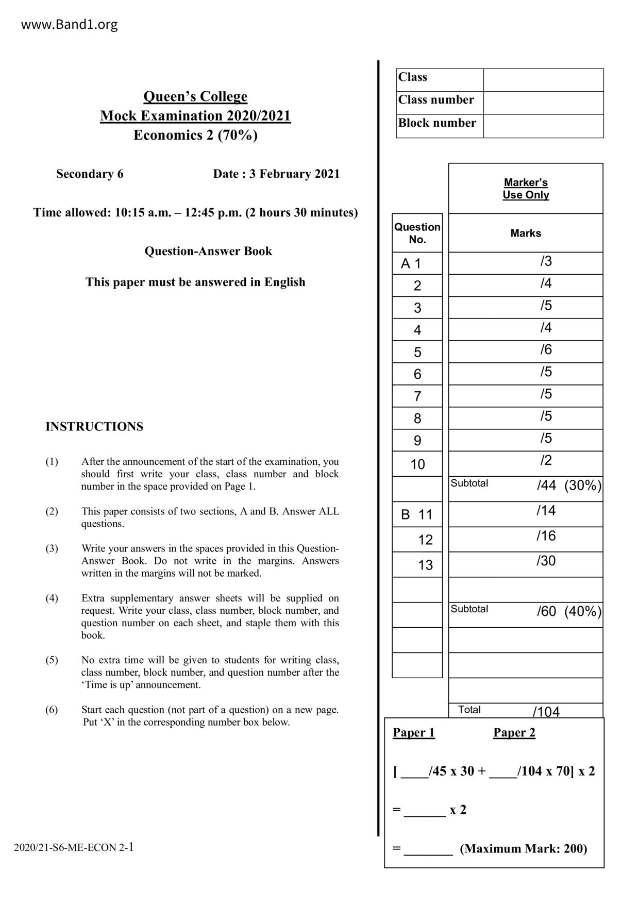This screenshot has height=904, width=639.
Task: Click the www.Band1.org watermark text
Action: tap(69, 25)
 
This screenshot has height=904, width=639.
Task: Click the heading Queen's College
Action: tap(195, 96)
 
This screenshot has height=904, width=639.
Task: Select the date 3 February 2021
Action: tap(294, 174)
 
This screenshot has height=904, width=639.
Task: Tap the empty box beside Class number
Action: tap(543, 103)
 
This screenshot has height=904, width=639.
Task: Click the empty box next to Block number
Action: tap(543, 126)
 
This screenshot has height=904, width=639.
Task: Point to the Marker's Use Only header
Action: tap(526, 189)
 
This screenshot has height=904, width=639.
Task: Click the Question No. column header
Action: tap(417, 233)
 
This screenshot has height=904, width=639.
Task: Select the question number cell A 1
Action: tap(411, 264)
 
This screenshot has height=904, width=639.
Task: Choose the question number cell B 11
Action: tap(417, 514)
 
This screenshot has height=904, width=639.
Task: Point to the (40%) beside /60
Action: tap(583, 612)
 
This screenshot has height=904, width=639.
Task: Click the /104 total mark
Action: tap(546, 712)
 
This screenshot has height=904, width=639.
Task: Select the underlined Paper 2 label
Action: tap(514, 732)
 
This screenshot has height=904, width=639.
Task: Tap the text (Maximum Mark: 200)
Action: tap(523, 848)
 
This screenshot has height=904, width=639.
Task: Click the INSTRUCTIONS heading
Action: tap(94, 427)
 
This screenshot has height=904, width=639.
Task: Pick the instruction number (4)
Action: tap(52, 598)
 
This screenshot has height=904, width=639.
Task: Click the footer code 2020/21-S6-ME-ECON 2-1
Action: tap(74, 847)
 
